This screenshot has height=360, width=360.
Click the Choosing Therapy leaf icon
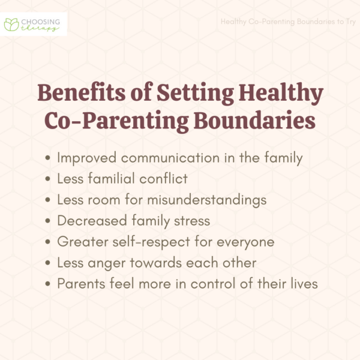pos(11,24)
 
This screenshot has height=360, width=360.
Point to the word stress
pos(190,221)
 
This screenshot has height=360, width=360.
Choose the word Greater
pos(80,242)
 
